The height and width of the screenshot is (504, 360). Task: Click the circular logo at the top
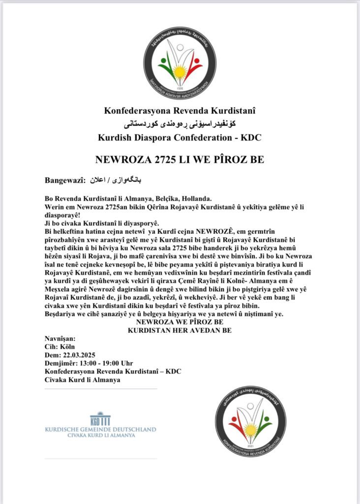pos(180,63)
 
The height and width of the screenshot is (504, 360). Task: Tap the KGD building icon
pos(100,419)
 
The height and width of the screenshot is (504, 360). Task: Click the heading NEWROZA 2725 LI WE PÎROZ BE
pos(180,160)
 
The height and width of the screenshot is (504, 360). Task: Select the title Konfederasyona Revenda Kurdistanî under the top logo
pos(180,111)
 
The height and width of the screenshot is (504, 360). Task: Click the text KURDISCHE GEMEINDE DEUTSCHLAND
pos(100,429)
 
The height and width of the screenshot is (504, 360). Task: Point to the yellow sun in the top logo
pos(180,73)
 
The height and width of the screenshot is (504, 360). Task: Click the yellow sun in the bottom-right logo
pos(251,430)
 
